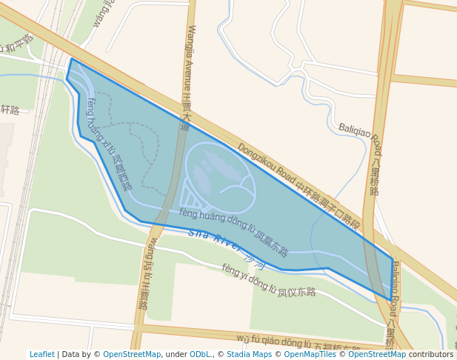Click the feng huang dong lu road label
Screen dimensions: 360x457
(233, 230)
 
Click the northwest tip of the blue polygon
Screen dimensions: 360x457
(71, 59)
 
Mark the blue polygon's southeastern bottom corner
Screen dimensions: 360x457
(390, 300)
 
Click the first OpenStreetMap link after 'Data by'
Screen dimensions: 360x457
(132, 355)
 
